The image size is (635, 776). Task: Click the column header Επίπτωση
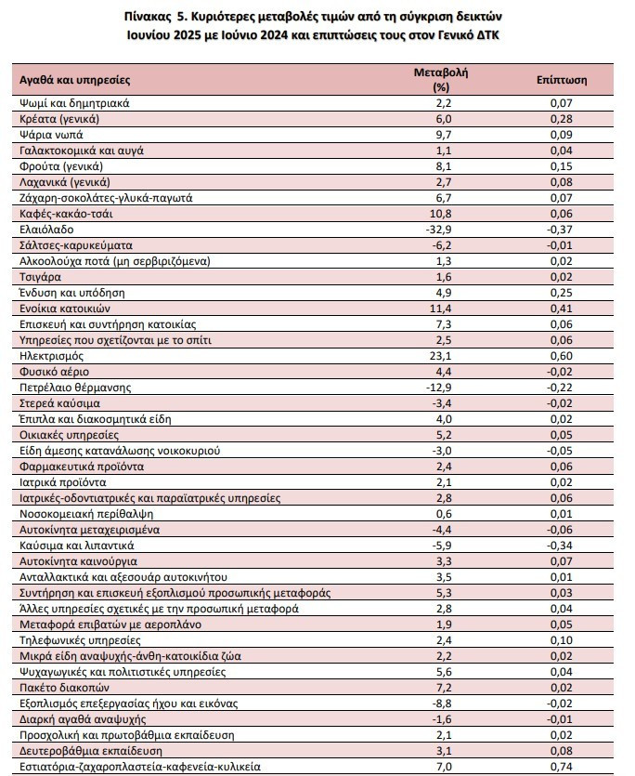click(x=562, y=80)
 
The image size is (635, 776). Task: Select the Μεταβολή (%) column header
click(x=441, y=80)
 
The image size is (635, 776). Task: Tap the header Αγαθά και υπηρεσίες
click(x=74, y=80)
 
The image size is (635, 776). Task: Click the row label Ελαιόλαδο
click(x=46, y=230)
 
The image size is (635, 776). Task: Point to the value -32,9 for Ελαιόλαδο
click(x=439, y=230)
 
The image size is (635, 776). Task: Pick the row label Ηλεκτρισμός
click(x=51, y=356)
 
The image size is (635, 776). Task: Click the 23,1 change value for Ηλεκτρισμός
click(x=441, y=356)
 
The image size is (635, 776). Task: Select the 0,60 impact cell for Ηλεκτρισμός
click(x=562, y=356)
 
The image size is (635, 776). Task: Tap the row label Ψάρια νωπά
click(x=51, y=135)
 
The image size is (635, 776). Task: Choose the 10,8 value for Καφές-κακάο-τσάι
click(x=441, y=214)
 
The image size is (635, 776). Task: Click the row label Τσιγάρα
click(x=40, y=277)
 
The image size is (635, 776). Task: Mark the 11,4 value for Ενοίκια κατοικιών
click(x=441, y=309)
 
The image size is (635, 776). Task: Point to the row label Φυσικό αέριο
click(x=55, y=372)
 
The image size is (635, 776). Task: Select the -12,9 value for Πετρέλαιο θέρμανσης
click(x=439, y=388)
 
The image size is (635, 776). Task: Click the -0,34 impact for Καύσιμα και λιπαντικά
click(x=559, y=546)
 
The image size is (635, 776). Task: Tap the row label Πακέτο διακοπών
click(x=64, y=688)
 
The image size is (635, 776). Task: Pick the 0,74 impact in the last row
click(x=562, y=767)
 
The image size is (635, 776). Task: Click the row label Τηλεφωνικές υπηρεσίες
click(x=80, y=641)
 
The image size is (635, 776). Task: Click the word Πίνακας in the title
click(x=147, y=17)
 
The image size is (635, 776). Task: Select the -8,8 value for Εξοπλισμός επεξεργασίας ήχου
click(x=441, y=704)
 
